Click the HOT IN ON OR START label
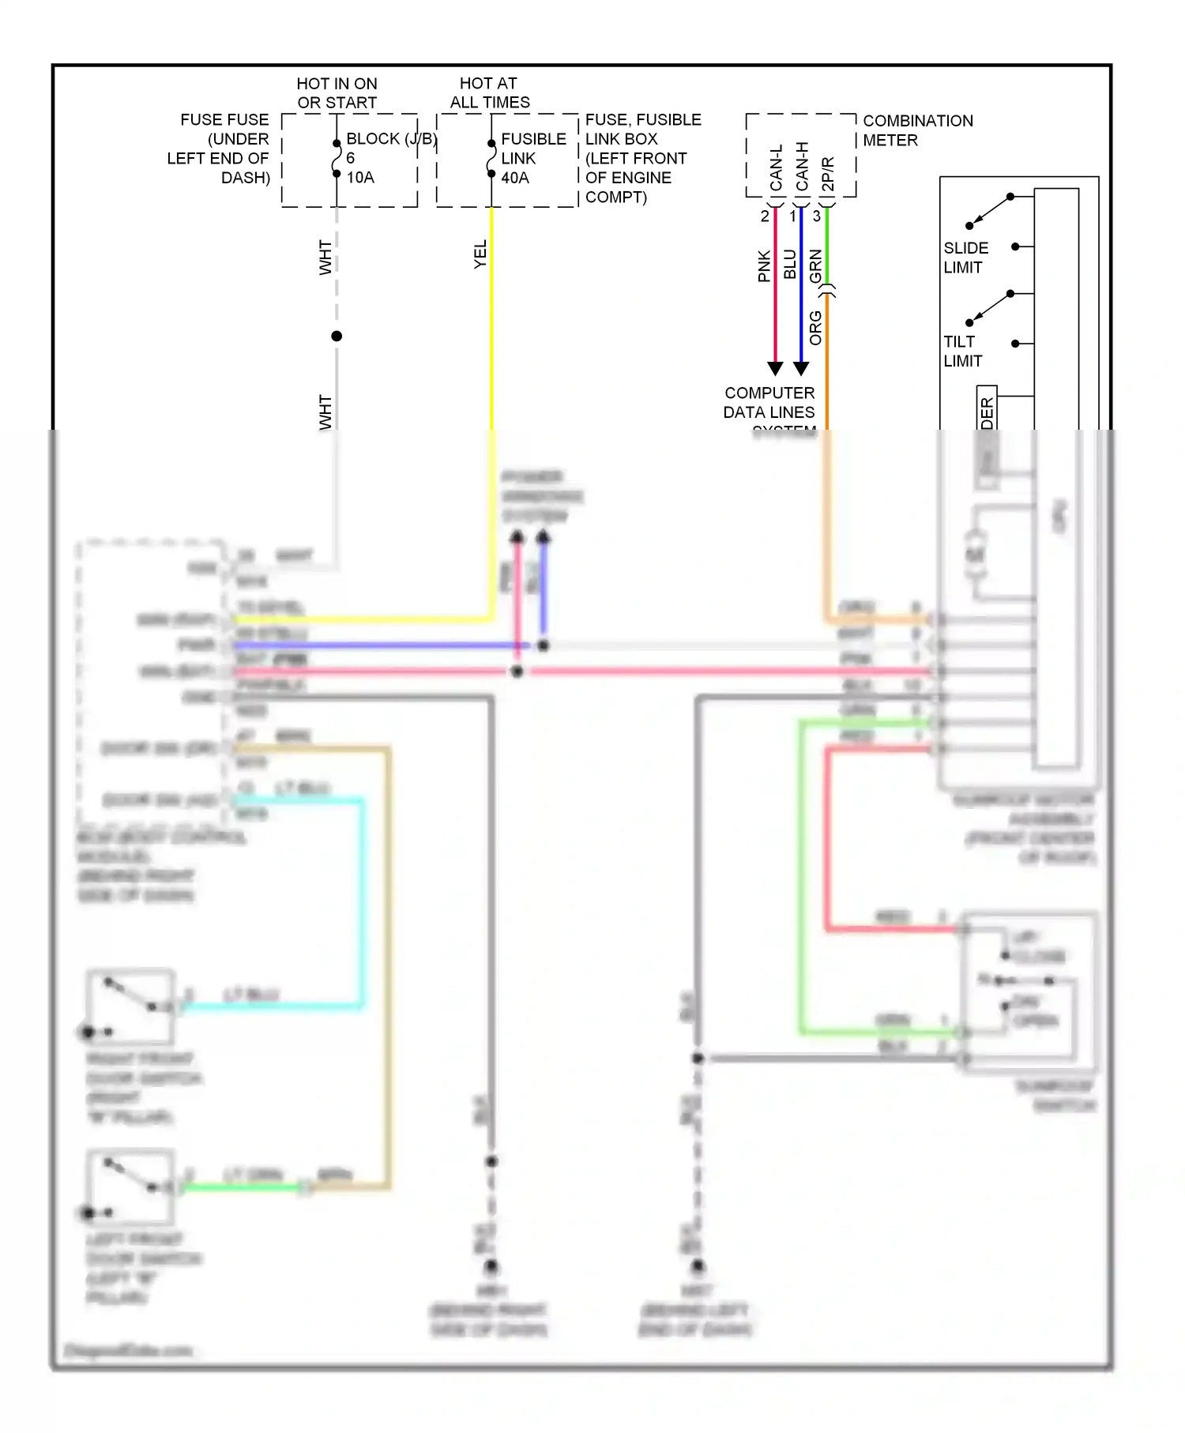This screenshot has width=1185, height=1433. click(337, 93)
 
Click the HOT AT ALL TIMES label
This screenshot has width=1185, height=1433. click(490, 93)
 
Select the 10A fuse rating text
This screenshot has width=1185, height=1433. click(360, 178)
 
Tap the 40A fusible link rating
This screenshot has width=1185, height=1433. click(515, 178)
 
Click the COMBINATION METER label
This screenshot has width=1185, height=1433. click(917, 130)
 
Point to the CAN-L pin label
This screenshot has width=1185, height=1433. click(776, 167)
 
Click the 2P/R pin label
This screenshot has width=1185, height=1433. click(828, 174)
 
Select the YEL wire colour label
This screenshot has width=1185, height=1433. click(480, 254)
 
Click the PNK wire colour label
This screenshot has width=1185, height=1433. click(764, 266)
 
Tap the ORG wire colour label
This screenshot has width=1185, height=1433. click(816, 328)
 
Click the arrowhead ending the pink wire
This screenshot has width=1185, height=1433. click(775, 368)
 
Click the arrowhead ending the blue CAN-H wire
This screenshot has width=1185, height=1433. click(801, 368)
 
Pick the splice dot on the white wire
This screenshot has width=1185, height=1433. click(337, 336)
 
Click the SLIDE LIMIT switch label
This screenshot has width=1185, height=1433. click(965, 258)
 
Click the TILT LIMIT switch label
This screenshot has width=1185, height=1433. click(962, 351)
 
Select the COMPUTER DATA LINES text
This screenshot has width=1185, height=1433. click(769, 403)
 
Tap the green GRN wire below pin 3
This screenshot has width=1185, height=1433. click(827, 245)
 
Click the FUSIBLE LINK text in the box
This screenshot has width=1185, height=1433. click(533, 149)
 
